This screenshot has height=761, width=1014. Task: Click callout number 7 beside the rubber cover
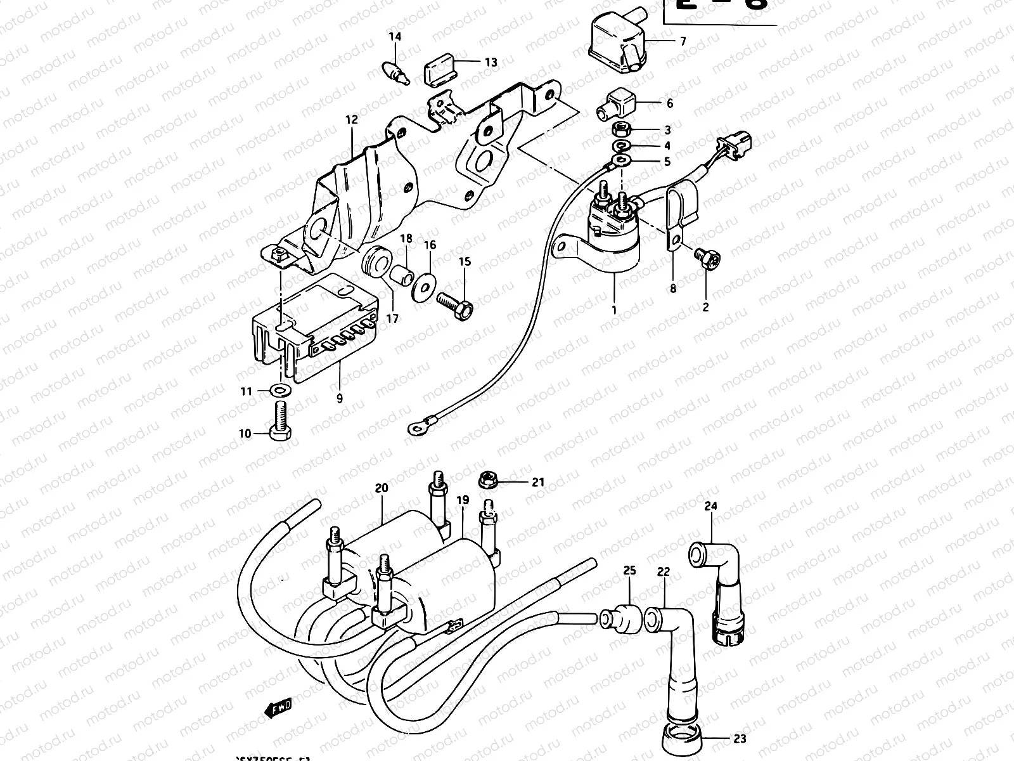pyautogui.click(x=683, y=42)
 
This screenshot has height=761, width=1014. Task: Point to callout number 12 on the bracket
pyautogui.click(x=352, y=119)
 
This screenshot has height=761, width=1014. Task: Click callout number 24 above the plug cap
pyautogui.click(x=710, y=506)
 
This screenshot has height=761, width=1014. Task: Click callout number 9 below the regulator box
pyautogui.click(x=340, y=398)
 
